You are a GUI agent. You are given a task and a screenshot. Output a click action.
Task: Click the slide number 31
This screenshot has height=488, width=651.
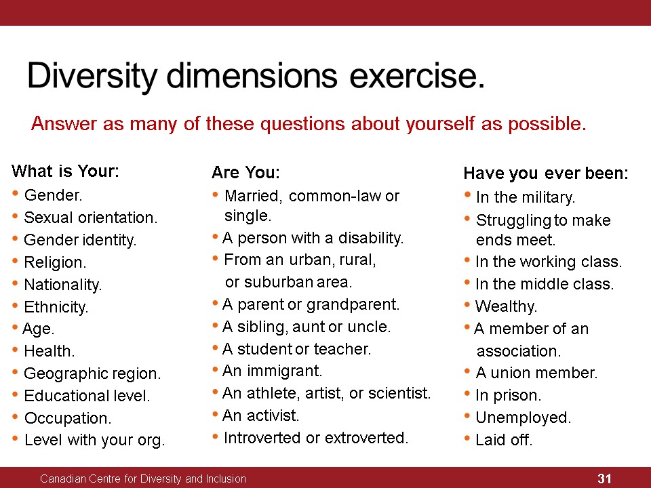(604, 479)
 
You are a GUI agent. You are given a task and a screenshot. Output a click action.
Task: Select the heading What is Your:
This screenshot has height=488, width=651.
(65, 171)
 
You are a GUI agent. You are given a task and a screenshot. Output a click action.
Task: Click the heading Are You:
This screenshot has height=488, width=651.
(245, 172)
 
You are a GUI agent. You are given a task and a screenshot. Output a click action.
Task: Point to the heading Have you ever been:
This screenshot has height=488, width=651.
(546, 173)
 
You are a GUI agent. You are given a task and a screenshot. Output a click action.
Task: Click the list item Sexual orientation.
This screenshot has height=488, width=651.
(90, 218)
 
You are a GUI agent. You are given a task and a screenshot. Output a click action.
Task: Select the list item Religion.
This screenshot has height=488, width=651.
(55, 262)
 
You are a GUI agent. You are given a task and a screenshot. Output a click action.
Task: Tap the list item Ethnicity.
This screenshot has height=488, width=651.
(56, 307)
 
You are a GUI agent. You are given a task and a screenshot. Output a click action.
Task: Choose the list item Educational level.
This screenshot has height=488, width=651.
(87, 396)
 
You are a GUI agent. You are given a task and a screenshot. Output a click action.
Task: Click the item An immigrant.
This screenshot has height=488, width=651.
(273, 371)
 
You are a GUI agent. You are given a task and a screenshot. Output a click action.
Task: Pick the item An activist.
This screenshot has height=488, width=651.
(260, 415)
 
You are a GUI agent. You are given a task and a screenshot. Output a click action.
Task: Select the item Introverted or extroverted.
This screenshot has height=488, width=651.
(316, 438)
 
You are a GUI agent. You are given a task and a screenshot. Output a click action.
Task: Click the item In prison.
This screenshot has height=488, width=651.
(508, 395)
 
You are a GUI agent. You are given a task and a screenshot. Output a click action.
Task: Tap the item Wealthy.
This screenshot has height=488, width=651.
(506, 306)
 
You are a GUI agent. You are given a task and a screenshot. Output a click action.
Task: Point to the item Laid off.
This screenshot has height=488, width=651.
(504, 440)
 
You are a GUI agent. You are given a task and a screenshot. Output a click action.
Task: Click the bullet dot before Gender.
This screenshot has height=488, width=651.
(16, 193)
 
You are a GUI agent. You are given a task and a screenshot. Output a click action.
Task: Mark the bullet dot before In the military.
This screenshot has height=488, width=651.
(467, 195)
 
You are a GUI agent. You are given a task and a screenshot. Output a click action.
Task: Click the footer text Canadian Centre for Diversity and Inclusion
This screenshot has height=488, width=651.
(143, 479)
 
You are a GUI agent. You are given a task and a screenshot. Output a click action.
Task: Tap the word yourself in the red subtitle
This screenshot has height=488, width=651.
(440, 123)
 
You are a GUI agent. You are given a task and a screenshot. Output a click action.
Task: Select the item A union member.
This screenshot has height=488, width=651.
(536, 373)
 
